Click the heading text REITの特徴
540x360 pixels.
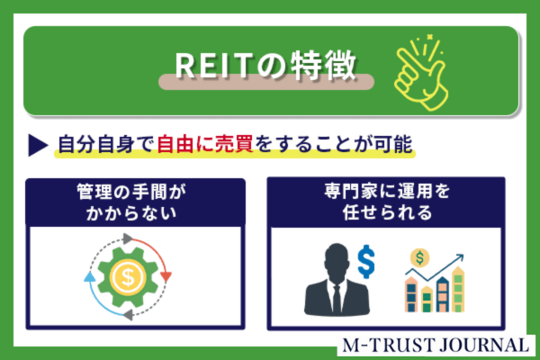[265, 65]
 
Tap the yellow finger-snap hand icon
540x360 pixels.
[421, 73]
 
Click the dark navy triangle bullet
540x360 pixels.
[38, 145]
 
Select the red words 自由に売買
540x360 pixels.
[205, 144]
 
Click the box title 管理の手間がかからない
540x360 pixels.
[130, 202]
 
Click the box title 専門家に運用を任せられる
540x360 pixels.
[386, 202]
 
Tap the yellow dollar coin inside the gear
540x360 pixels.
[128, 277]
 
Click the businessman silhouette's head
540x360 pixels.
[337, 261]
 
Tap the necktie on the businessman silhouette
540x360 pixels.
[337, 299]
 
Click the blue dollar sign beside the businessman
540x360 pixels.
[366, 261]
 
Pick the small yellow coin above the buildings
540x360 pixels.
[419, 257]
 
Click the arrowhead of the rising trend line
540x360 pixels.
[459, 258]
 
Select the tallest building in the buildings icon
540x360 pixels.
[458, 289]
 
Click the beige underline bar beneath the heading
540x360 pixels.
[266, 82]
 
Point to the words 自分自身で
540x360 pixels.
[105, 144]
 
